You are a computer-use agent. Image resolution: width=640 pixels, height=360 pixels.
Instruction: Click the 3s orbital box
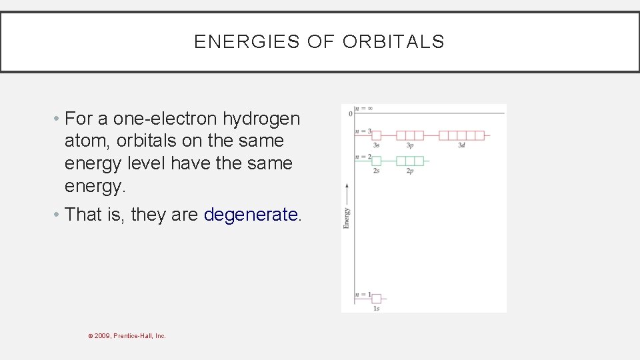tap(376, 135)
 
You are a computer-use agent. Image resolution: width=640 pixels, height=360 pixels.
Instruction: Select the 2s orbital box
tap(376, 161)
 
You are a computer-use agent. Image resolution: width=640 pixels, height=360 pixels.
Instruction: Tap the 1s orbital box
tap(376, 299)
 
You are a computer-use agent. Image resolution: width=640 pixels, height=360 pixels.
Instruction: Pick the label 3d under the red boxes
tap(461, 145)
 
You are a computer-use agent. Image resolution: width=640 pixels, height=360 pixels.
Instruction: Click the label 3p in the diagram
tap(410, 145)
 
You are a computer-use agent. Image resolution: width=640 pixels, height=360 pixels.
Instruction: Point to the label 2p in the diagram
tap(410, 171)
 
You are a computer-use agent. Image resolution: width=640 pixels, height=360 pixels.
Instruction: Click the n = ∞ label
tap(363, 108)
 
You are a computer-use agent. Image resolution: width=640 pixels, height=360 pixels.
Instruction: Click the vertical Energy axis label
tap(347, 218)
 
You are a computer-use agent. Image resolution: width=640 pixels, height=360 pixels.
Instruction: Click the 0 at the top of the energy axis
tap(350, 114)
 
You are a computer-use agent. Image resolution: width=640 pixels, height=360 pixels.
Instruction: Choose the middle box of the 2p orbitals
tap(410, 161)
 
